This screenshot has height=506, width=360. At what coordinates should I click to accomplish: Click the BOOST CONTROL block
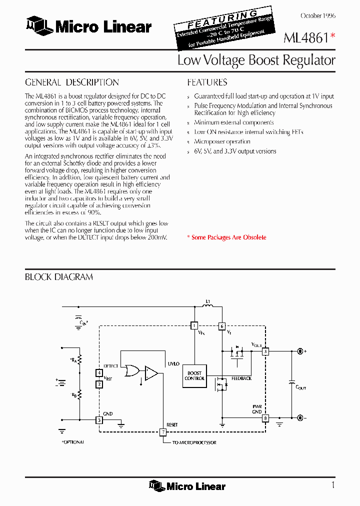pos(194,375)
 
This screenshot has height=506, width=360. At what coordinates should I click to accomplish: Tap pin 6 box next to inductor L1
pos(222,326)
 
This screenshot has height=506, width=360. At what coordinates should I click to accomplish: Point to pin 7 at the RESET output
pos(162,432)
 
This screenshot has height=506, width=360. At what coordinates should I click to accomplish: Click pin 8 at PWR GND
pos(265,418)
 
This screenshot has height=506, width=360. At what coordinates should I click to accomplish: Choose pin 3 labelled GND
pos(99,420)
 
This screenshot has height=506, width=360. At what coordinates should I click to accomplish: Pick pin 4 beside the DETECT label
pos(99,373)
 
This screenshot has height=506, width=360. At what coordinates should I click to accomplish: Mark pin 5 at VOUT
pos(265,351)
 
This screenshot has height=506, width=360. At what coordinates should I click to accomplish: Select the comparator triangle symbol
pos(151,372)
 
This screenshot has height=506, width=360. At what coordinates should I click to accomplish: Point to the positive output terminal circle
pos(300,351)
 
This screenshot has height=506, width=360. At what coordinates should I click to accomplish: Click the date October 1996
pos(318,16)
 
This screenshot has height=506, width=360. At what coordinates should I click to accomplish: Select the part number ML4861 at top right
pos(305,38)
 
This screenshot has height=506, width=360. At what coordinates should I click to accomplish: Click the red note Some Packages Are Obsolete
pos(228,237)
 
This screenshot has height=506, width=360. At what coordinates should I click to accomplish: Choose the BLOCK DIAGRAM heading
pos(59,277)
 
